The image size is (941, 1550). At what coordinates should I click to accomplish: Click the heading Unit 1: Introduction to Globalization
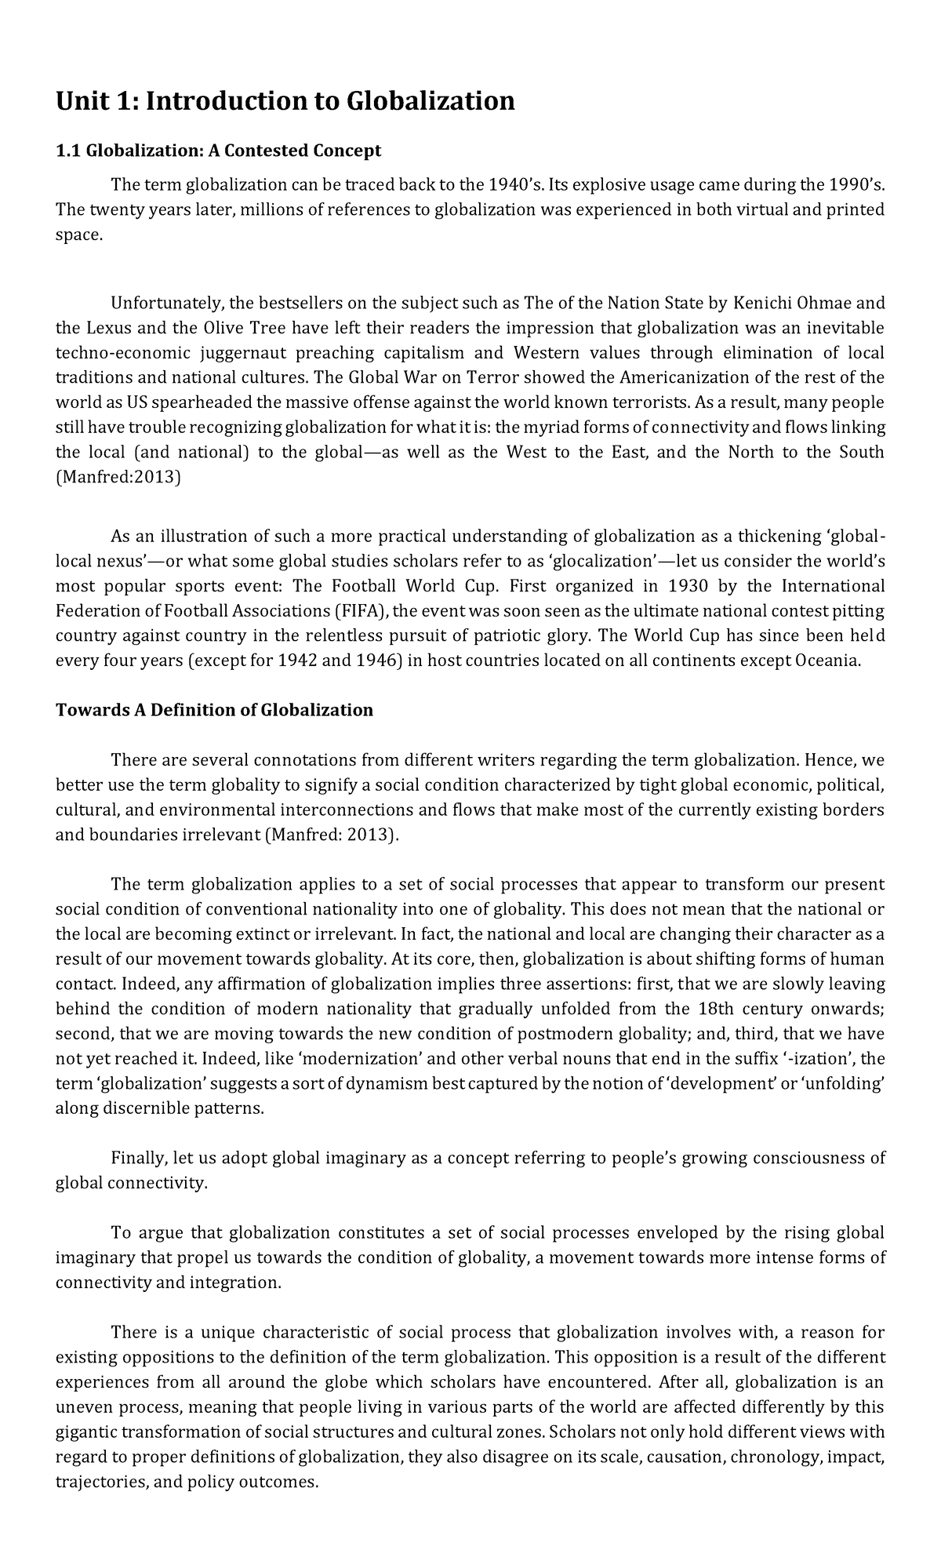[285, 101]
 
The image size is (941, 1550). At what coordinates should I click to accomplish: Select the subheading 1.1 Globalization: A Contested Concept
[218, 150]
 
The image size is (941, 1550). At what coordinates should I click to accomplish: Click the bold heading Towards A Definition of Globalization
[214, 711]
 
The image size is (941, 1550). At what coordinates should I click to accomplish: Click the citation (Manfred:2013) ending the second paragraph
[118, 477]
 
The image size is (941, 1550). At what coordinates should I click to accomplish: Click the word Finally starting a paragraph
[140, 1158]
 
